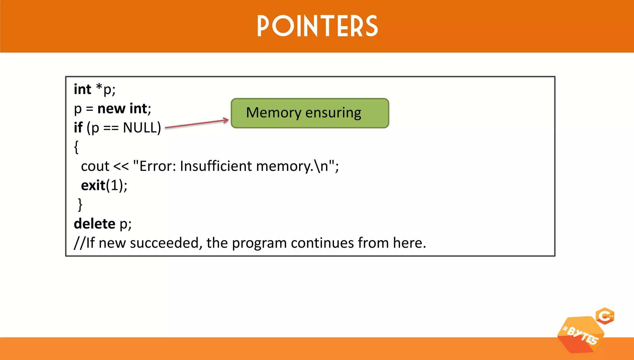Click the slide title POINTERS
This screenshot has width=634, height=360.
point(317,26)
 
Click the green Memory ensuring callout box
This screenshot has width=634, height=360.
point(310,113)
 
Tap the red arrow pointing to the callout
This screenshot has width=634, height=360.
point(197,124)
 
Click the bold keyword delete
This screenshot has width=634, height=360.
point(94,224)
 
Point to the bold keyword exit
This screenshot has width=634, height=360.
point(93,185)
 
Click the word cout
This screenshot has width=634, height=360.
point(95,167)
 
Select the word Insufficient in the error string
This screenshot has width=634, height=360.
point(216,166)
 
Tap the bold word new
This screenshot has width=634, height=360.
point(111,109)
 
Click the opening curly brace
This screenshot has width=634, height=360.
point(76,147)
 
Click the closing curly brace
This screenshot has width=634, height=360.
point(80,205)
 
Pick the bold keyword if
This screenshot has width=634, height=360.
point(78,128)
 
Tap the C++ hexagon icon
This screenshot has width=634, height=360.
point(605,316)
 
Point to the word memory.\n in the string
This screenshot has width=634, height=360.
point(292,167)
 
